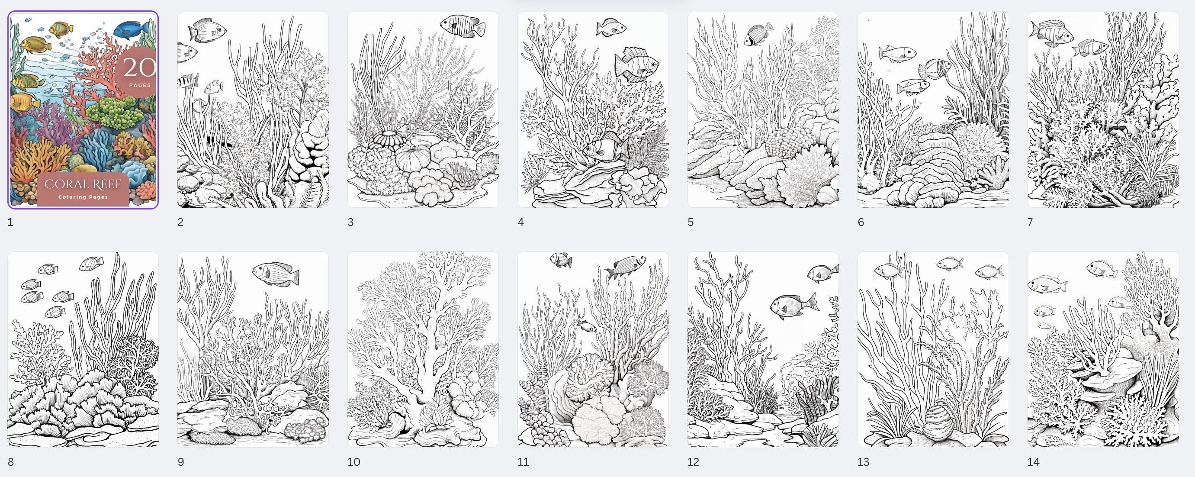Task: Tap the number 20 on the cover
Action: [139, 68]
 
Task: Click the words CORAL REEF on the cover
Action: [83, 184]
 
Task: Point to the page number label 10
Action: [353, 462]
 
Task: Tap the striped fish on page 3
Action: [462, 25]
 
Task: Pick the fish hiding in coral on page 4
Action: [604, 148]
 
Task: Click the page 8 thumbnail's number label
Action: [11, 462]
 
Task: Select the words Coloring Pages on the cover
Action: [83, 197]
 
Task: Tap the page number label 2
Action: [180, 222]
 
